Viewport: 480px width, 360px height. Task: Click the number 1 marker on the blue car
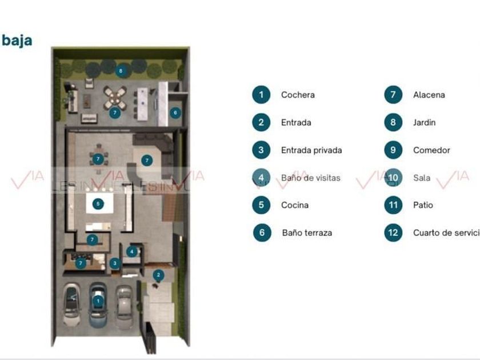click(x=98, y=300)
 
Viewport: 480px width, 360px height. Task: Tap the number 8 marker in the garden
click(x=120, y=71)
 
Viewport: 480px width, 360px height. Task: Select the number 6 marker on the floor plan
click(x=175, y=113)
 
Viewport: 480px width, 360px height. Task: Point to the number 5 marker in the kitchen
click(x=98, y=203)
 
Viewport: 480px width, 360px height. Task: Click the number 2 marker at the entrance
click(x=158, y=275)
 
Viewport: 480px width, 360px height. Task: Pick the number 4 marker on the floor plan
click(x=132, y=251)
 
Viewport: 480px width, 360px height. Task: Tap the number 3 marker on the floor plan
click(x=115, y=263)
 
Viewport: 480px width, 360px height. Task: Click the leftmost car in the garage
click(x=73, y=302)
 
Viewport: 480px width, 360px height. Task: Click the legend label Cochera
click(x=298, y=95)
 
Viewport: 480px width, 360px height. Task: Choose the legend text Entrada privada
click(x=311, y=150)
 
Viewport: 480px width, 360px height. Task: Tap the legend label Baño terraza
click(x=307, y=233)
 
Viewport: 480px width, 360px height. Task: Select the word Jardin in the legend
click(x=424, y=122)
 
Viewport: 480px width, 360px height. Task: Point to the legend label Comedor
click(x=431, y=150)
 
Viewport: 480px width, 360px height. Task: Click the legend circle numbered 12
click(x=393, y=233)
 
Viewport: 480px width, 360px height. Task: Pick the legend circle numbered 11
click(x=393, y=205)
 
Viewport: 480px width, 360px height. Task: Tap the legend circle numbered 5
click(x=261, y=205)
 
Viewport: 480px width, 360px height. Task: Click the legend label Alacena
click(x=429, y=95)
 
